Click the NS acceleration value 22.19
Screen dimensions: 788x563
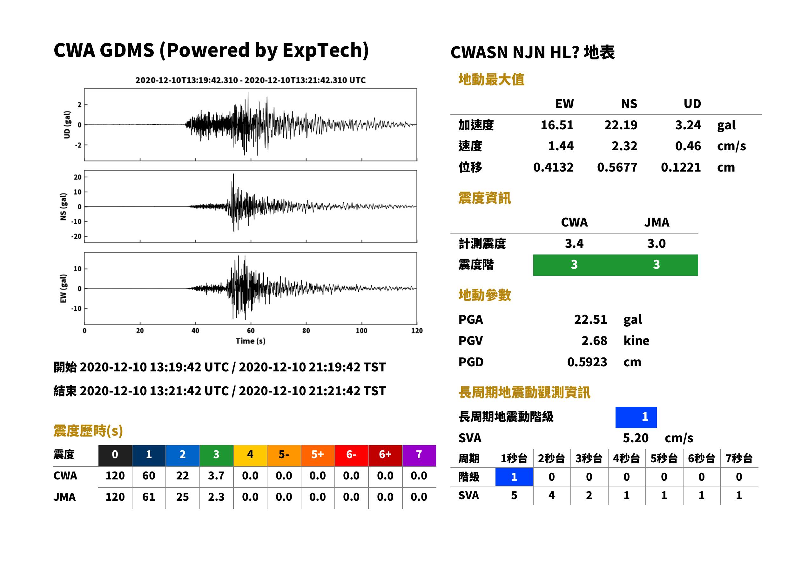pos(621,125)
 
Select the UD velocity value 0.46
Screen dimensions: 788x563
pos(688,146)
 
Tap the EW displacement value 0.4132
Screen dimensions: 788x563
pos(553,167)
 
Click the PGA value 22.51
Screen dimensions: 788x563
pos(590,320)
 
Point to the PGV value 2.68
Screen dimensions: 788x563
pos(594,341)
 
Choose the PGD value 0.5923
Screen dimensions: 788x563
pos(587,362)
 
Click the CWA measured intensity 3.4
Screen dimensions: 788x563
pos(574,244)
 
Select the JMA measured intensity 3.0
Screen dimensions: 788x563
pos(656,244)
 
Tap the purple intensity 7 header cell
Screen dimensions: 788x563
pos(419,455)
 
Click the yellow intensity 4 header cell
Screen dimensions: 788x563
pos(250,455)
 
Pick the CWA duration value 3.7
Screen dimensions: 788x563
pos(216,476)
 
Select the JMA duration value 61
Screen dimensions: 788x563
pos(149,497)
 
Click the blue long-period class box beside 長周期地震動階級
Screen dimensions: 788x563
pos(636,417)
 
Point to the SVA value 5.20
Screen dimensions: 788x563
pos(636,438)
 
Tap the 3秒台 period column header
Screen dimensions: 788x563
pos(589,459)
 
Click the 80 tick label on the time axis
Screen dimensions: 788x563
pos(306,331)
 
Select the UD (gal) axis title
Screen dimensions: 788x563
pos(67,125)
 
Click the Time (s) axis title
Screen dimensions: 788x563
pos(251,341)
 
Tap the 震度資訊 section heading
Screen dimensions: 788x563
pos(484,198)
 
